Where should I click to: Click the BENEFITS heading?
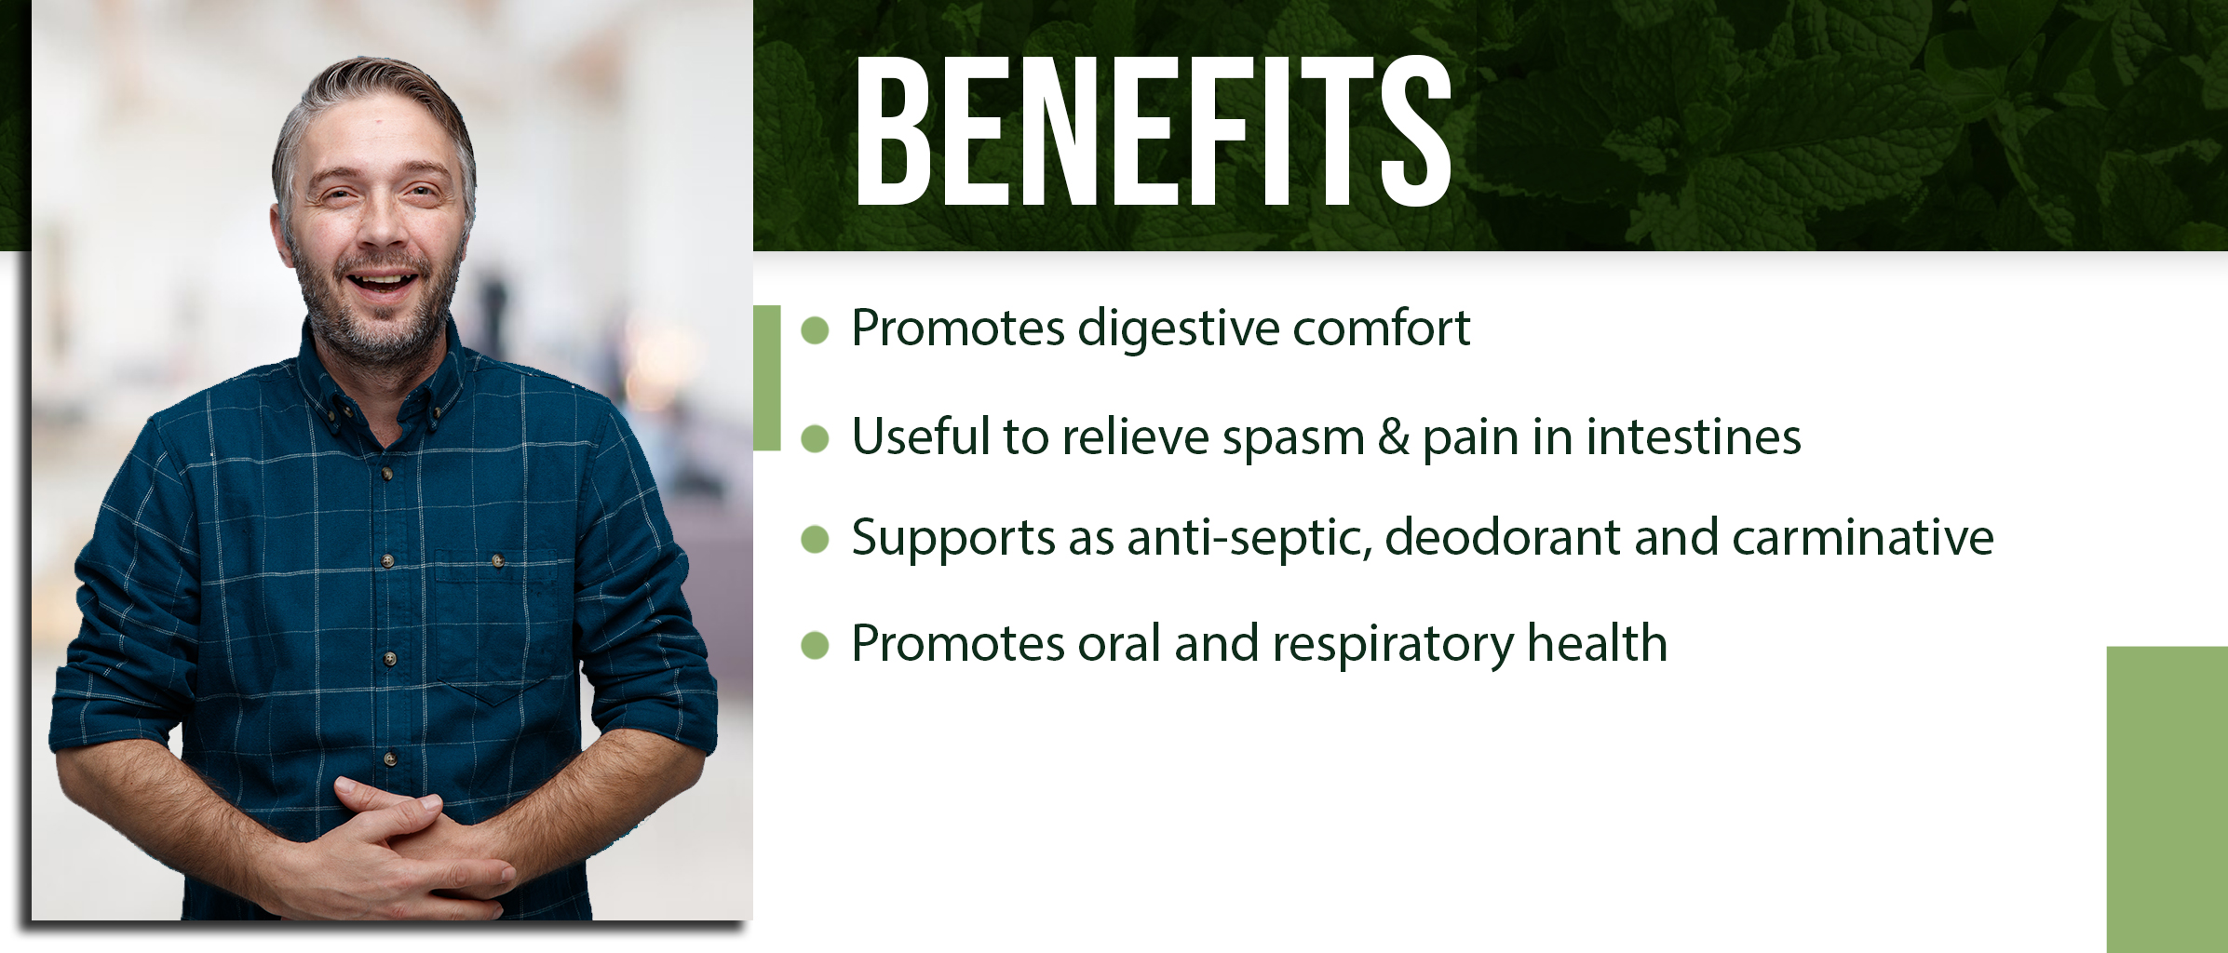tap(1154, 130)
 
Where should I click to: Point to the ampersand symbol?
tap(1394, 436)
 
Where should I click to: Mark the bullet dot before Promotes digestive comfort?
tap(815, 330)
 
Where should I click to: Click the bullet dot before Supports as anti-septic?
tap(815, 539)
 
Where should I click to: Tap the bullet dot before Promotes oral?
tap(815, 645)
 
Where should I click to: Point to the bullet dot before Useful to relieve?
tap(815, 438)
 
